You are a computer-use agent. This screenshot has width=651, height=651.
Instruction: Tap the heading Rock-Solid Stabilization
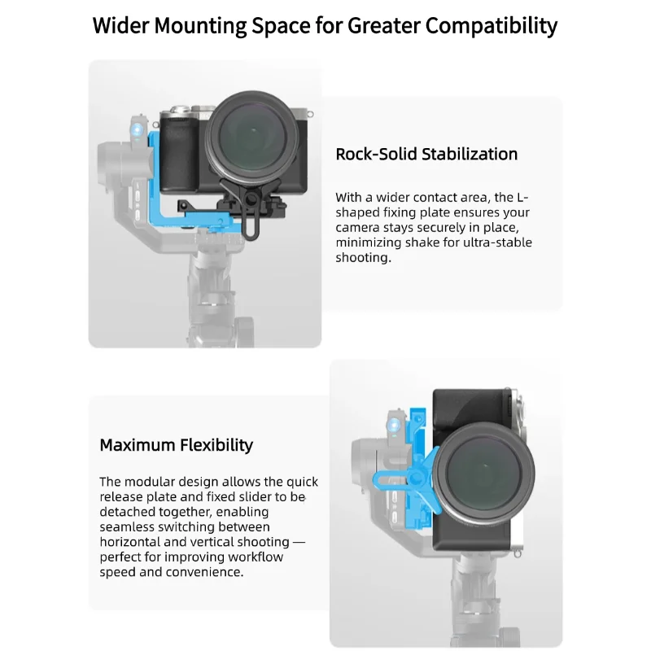426,154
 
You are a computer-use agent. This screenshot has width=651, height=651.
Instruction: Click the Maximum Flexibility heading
176,445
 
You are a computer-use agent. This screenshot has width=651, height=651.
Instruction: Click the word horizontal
133,542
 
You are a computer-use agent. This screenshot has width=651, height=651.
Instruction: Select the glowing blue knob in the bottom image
393,426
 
